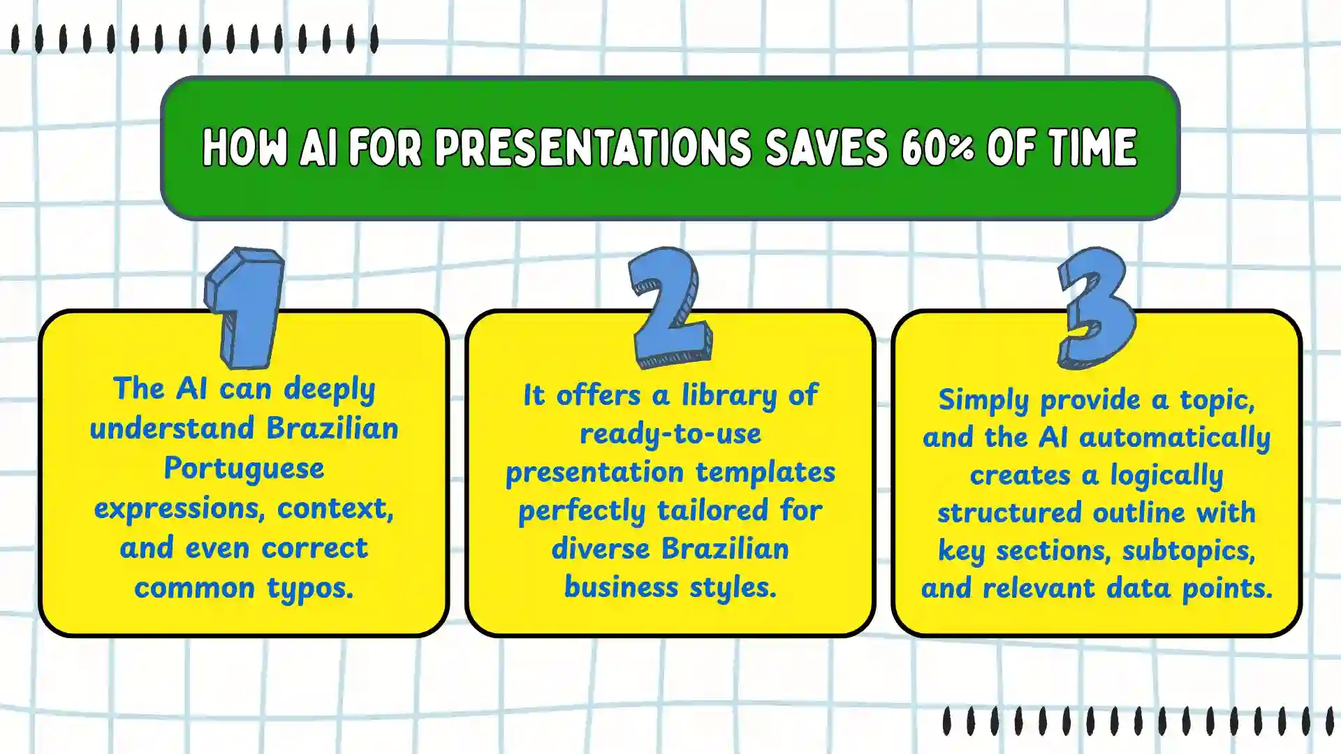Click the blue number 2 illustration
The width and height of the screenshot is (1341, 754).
669,307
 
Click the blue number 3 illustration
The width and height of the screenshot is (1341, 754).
1095,307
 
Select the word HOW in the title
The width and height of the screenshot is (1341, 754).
244,148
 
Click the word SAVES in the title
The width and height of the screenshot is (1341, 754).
826,148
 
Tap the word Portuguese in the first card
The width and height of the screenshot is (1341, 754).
244,468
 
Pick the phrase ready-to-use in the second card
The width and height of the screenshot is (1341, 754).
670,434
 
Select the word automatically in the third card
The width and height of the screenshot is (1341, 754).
1174,438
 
